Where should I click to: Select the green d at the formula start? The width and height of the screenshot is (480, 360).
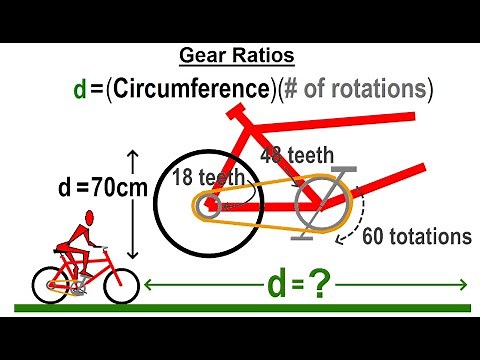coord(80,89)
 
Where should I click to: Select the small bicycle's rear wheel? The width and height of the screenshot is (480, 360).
coord(49,285)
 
